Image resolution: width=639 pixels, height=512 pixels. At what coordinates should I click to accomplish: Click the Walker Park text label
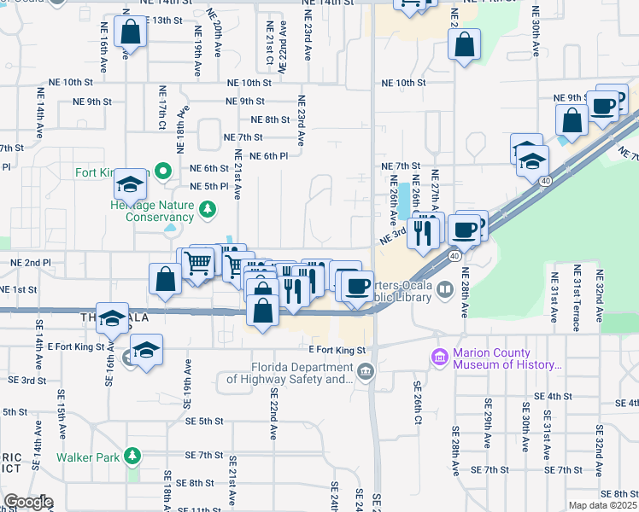pyautogui.click(x=86, y=456)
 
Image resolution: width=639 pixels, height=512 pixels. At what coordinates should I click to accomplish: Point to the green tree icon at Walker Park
pyautogui.click(x=131, y=456)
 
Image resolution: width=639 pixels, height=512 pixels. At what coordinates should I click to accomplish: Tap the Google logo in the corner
pyautogui.click(x=27, y=502)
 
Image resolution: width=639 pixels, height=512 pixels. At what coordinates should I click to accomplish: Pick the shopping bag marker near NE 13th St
pyautogui.click(x=131, y=34)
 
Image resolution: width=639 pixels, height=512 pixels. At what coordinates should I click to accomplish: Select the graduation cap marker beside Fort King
pyautogui.click(x=131, y=183)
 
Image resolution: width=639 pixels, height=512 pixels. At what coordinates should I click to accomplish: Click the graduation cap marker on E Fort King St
pyautogui.click(x=147, y=351)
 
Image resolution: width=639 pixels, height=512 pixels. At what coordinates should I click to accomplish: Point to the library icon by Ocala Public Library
pyautogui.click(x=444, y=292)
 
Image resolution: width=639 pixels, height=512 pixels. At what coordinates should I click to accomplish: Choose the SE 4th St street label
pyautogui.click(x=552, y=396)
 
